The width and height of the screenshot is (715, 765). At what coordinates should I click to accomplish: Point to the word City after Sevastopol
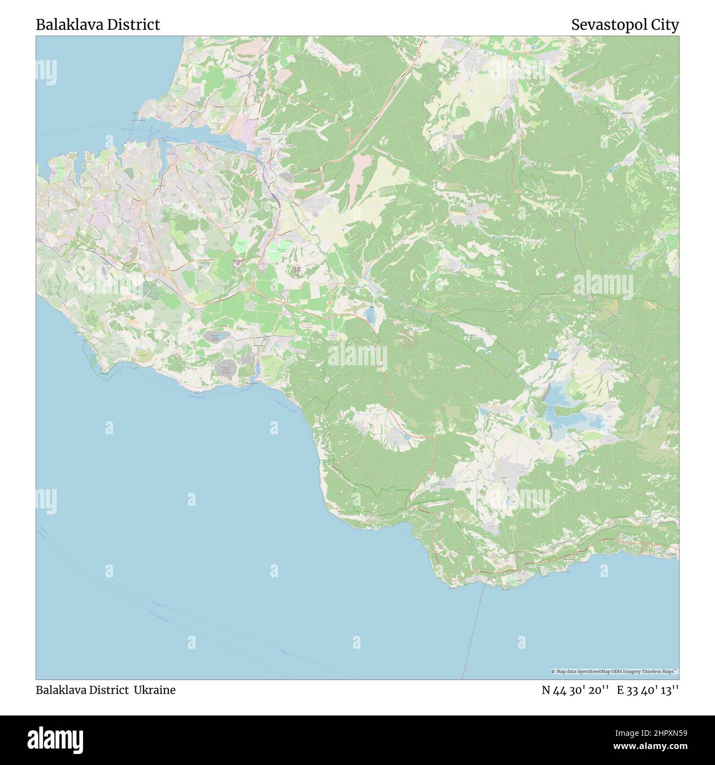pyautogui.click(x=666, y=25)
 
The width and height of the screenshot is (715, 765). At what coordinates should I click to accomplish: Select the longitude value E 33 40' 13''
pyautogui.click(x=648, y=690)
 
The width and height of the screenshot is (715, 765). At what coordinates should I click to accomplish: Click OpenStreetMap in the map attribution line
pyautogui.click(x=593, y=671)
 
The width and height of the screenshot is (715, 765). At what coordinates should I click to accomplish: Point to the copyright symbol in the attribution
pyautogui.click(x=553, y=671)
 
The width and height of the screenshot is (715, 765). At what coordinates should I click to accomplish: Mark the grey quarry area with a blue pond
pyautogui.click(x=226, y=367)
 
